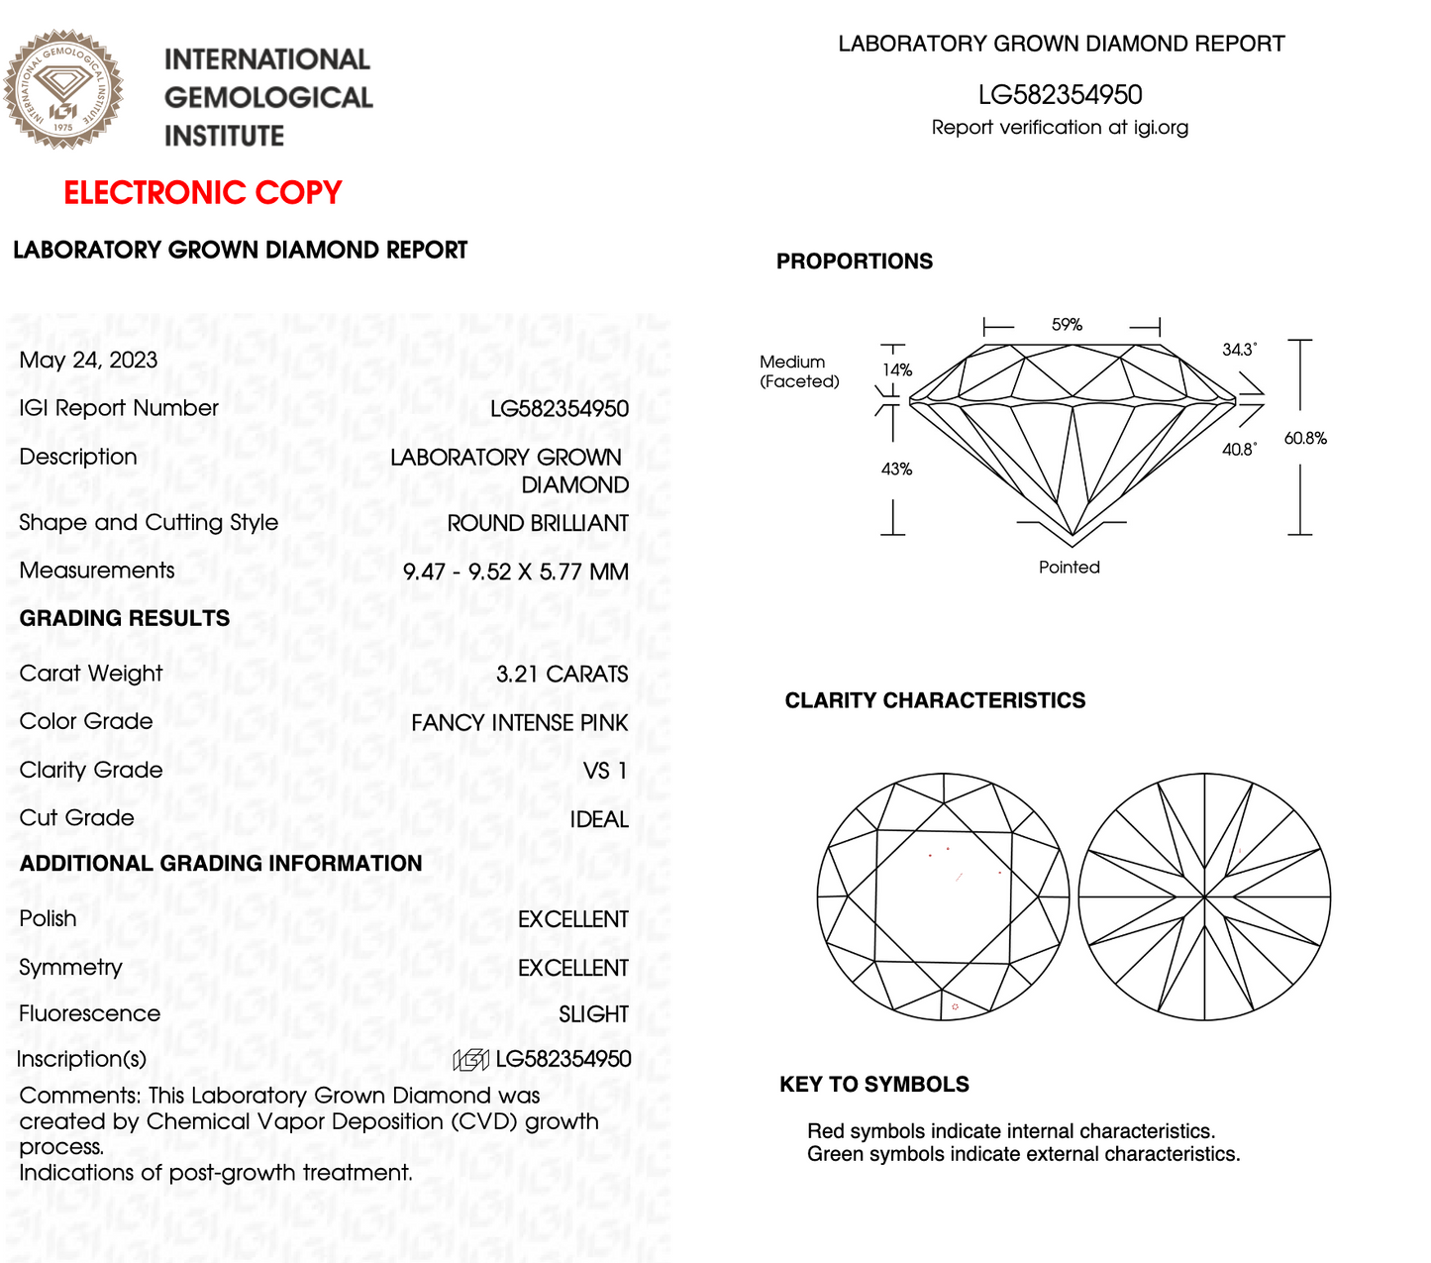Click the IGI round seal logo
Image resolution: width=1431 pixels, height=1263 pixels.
[63, 89]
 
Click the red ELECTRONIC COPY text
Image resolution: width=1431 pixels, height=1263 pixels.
[203, 192]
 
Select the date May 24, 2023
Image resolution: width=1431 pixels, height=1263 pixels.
[88, 360]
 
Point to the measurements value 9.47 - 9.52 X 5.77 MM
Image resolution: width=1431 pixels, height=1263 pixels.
[515, 572]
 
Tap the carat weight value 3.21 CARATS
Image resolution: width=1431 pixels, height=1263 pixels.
[562, 675]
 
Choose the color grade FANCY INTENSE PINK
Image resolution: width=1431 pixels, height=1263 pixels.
[519, 723]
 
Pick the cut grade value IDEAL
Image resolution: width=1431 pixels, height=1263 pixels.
[599, 819]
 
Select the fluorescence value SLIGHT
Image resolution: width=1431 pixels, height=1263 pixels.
[593, 1014]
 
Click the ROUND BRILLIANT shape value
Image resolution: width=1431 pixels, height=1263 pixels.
[538, 523]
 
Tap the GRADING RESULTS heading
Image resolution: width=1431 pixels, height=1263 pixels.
[125, 618]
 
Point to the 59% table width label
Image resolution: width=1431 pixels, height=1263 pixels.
[1067, 325]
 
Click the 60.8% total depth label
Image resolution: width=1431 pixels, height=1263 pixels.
[1305, 438]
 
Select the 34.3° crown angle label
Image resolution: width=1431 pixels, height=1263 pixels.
[1239, 350]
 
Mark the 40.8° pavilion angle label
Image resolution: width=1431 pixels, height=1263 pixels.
[1239, 450]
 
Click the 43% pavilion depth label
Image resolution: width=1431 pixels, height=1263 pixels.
[896, 469]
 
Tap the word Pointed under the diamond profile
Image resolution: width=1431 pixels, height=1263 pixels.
[1069, 567]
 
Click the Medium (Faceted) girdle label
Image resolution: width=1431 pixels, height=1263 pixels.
[798, 371]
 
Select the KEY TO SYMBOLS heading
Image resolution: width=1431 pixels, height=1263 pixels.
[874, 1084]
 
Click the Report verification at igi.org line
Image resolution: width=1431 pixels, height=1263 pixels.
[1060, 127]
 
